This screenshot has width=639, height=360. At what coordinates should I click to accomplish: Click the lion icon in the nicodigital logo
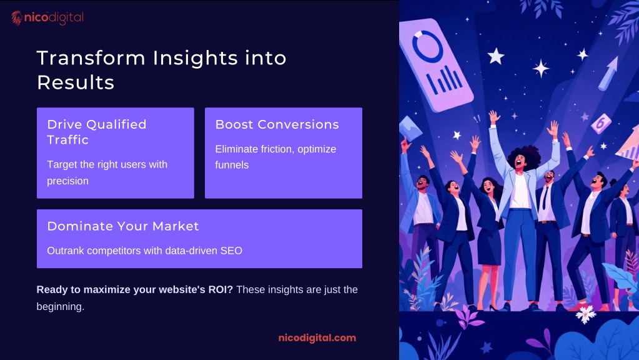point(17,18)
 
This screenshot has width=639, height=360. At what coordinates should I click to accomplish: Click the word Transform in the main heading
point(91,58)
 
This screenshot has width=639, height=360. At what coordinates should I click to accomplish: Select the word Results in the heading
point(76,82)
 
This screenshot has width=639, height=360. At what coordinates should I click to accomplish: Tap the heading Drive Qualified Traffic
point(97,132)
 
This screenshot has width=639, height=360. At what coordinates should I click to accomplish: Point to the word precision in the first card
point(67,181)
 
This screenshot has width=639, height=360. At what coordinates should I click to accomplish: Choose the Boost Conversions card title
point(277,124)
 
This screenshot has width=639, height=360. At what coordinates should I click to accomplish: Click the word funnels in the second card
point(232,165)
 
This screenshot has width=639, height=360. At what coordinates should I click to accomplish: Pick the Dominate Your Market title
point(123,226)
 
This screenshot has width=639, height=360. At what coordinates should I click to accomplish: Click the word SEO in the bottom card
point(232,251)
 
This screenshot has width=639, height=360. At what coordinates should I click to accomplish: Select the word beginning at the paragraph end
point(61,307)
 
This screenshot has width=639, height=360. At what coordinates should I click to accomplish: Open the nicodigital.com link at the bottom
point(317,338)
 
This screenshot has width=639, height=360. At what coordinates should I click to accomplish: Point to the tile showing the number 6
point(601,123)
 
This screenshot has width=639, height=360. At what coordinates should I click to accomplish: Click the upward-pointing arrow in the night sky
point(608,73)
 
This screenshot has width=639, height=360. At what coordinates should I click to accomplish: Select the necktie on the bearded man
point(545,198)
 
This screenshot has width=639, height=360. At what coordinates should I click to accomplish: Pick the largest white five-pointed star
point(496,56)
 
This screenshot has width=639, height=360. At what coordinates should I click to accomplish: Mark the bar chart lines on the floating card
point(444,79)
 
